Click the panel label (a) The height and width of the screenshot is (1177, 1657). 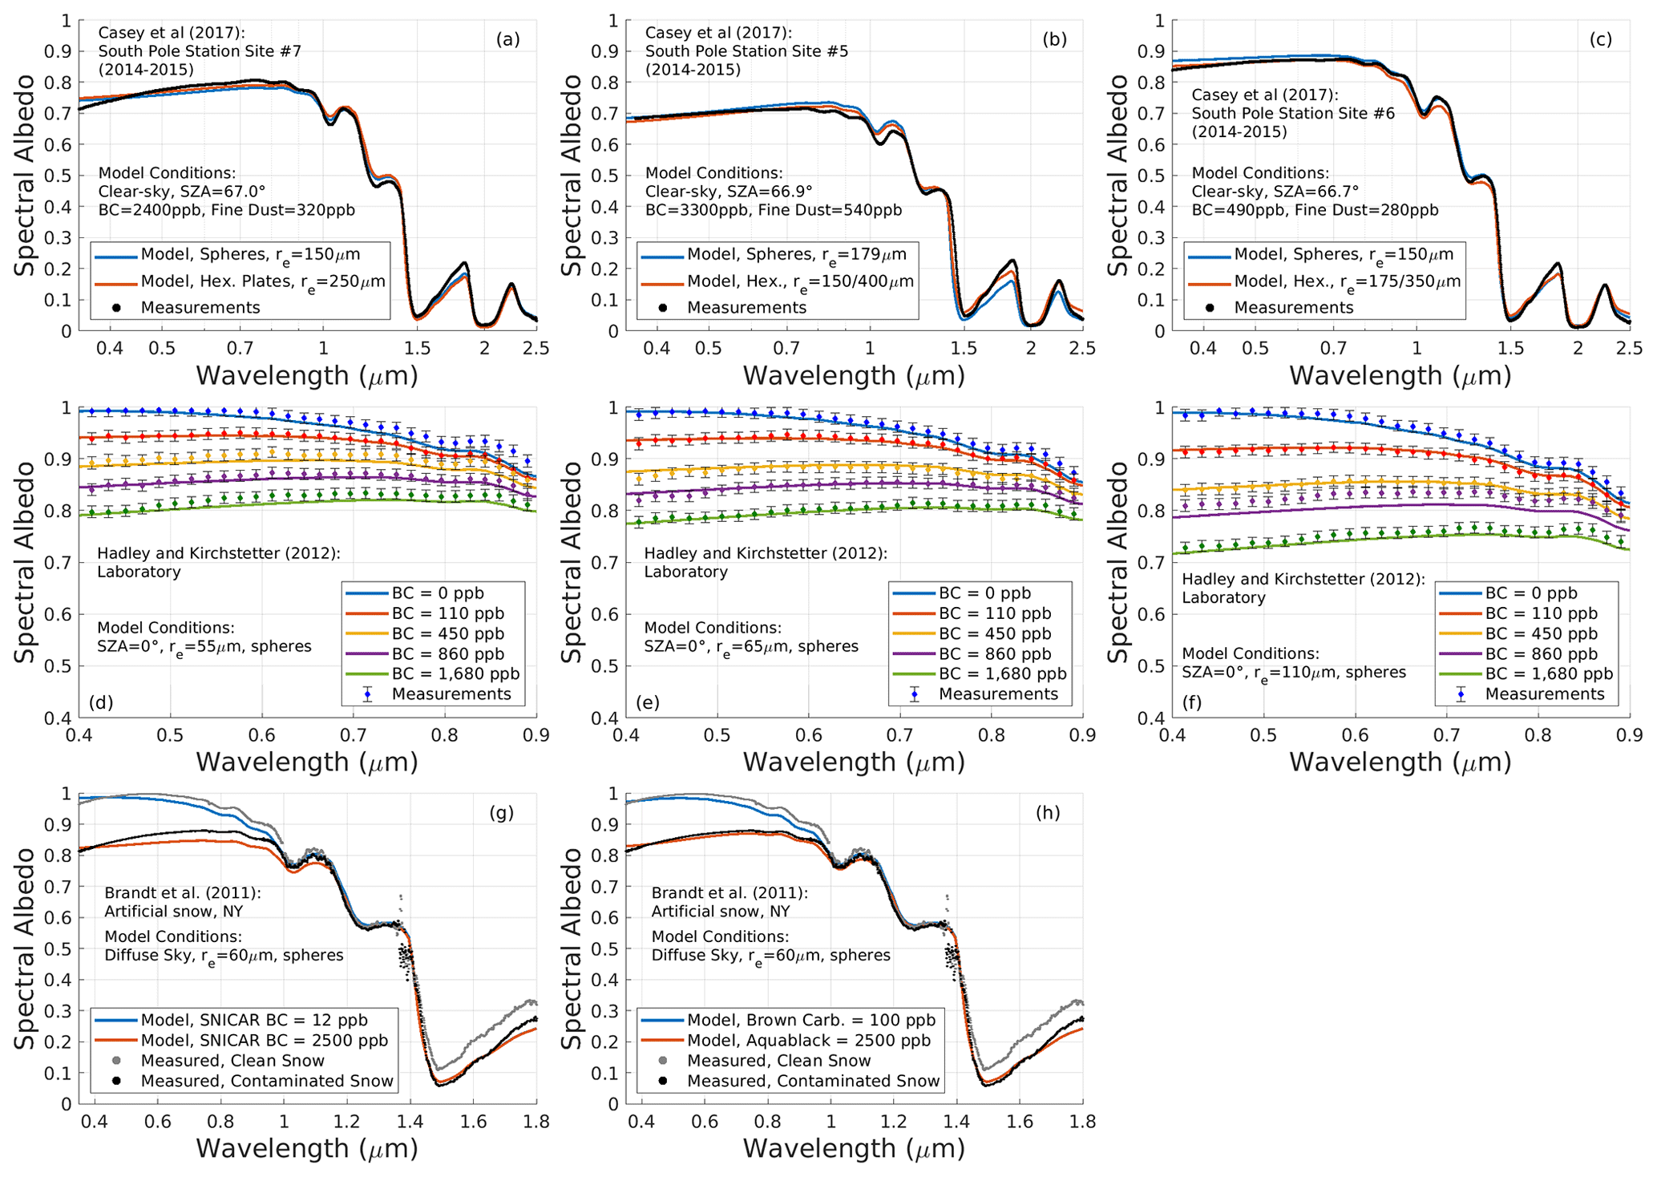click(507, 40)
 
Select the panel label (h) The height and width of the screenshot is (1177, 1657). click(1047, 813)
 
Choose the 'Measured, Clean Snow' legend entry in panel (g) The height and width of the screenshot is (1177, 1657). click(232, 1061)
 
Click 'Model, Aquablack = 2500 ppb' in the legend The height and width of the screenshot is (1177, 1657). click(809, 1041)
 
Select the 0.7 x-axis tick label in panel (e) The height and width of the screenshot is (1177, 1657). click(900, 734)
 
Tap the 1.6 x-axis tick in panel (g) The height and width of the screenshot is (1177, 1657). click(473, 1121)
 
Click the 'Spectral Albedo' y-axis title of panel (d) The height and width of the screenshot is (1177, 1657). click(26, 562)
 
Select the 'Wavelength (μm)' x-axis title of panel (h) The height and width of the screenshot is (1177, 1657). click(853, 1148)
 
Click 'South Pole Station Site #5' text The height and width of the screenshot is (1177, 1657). click(746, 51)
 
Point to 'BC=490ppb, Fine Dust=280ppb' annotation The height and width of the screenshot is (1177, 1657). click(1315, 210)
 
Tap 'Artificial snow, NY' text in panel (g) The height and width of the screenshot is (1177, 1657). click(173, 911)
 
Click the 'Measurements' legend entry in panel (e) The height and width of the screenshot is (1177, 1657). click(998, 694)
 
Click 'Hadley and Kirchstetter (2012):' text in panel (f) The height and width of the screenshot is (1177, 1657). click(1303, 579)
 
